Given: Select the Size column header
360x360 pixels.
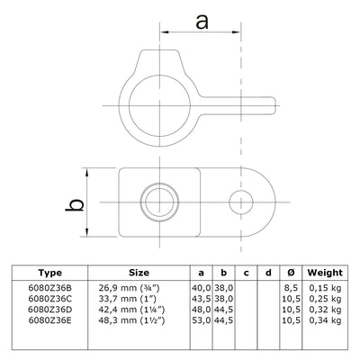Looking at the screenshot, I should click(x=139, y=273).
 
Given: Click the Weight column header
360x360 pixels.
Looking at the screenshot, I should click(x=324, y=273).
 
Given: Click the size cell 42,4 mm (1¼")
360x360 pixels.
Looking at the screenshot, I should click(x=135, y=310).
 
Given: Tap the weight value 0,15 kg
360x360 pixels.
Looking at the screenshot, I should click(x=325, y=289).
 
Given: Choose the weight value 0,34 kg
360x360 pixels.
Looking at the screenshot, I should click(x=325, y=319).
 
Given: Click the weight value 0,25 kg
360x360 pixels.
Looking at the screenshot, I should click(x=325, y=299).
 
